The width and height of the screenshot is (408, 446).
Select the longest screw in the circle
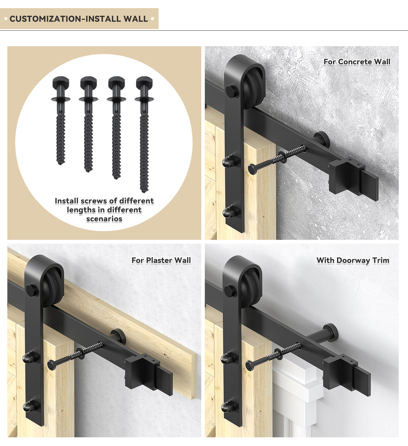tap(144, 134)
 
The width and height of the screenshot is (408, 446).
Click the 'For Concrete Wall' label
tap(357, 62)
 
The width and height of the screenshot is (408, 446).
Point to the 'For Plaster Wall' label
tap(161, 260)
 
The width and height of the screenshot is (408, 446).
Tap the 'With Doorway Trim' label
tap(353, 260)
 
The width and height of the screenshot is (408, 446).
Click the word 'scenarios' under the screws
tap(104, 219)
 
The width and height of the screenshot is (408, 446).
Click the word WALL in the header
tap(136, 19)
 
